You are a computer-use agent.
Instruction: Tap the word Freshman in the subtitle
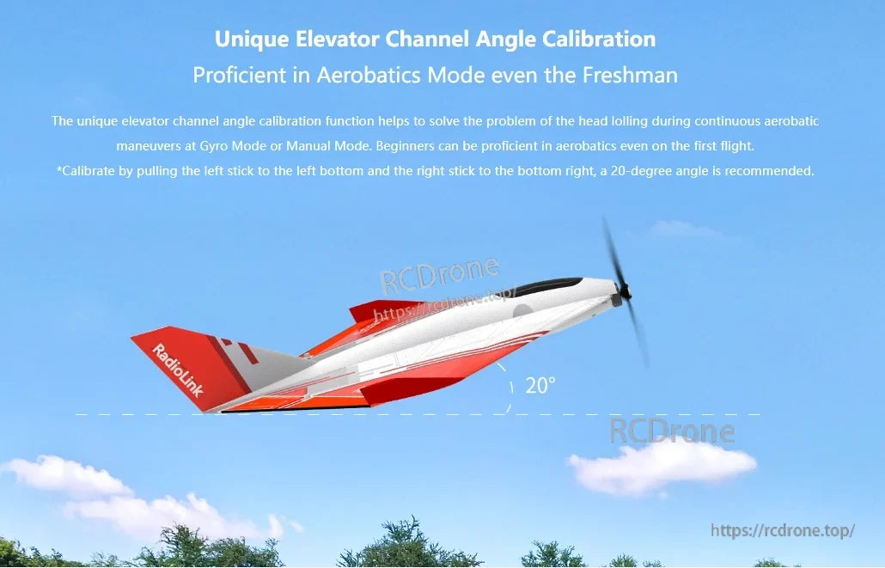pyautogui.click(x=630, y=75)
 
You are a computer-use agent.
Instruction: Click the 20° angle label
pyautogui.click(x=540, y=386)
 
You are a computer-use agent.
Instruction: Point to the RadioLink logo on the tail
pyautogui.click(x=178, y=369)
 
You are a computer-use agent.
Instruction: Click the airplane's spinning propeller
pyautogui.click(x=626, y=292)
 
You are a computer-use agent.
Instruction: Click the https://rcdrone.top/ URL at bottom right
pyautogui.click(x=783, y=530)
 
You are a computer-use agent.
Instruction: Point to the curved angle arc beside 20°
pyautogui.click(x=507, y=383)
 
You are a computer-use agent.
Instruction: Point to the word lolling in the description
pyautogui.click(x=655, y=121)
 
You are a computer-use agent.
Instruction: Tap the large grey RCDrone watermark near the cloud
pyautogui.click(x=672, y=431)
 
